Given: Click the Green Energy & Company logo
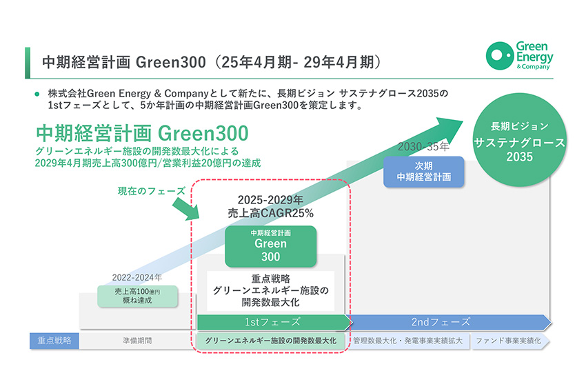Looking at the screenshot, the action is (520, 56).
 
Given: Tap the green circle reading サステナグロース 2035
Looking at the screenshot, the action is (520, 140).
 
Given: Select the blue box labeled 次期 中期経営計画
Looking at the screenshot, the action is (424, 172).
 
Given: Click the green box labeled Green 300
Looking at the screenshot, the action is (270, 246).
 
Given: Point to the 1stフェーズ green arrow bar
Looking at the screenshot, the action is (274, 322).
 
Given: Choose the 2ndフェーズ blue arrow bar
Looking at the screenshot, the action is (449, 322).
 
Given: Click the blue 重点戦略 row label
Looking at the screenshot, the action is (54, 341).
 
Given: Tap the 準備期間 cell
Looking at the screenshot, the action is (137, 341).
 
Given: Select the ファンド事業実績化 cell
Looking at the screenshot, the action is (509, 341).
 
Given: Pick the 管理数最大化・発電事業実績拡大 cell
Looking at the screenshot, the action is (408, 341).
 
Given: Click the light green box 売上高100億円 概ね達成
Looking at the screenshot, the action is (137, 296).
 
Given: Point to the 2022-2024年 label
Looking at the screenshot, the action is (137, 277).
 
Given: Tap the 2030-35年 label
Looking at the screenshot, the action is (423, 146).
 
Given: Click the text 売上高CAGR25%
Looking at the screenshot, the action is (270, 213).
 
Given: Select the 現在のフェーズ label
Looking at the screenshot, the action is (152, 191).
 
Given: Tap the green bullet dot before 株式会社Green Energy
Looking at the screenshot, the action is (37, 94).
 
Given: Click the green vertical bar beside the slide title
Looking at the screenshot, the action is (28, 63).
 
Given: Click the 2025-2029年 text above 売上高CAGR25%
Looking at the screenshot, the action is (270, 200).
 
